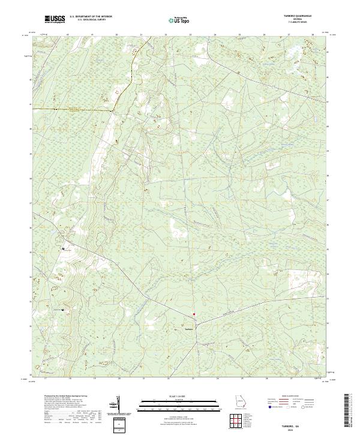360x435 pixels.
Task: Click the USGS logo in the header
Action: [55, 20]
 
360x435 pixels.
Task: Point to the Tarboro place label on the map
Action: [188, 328]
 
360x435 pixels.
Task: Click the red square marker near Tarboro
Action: [194, 314]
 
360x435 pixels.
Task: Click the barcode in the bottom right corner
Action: [350, 413]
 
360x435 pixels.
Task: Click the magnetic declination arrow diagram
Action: [118, 406]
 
